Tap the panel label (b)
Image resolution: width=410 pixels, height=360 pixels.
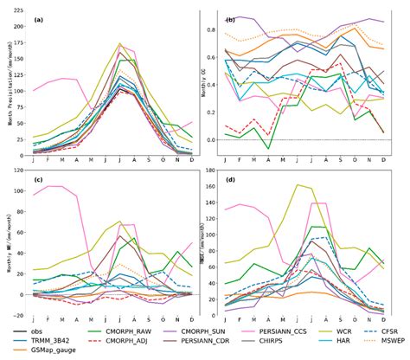(x=231, y=18)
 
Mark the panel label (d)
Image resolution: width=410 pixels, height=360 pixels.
(x=231, y=179)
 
